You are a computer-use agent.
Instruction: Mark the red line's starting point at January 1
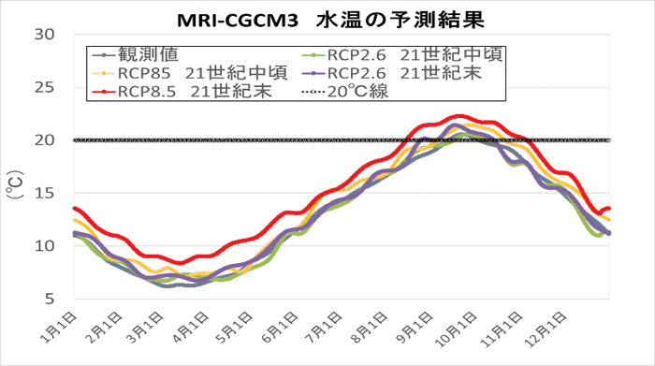(x=74, y=208)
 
